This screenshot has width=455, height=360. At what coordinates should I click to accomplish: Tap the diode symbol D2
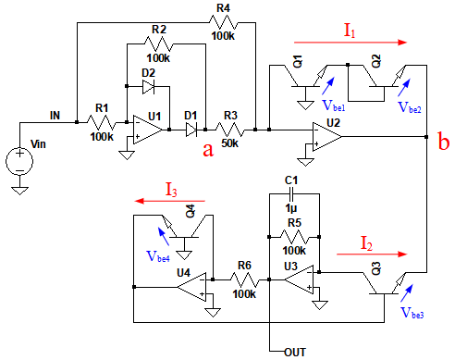pyautogui.click(x=148, y=87)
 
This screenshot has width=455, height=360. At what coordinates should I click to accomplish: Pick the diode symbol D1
pyautogui.click(x=191, y=130)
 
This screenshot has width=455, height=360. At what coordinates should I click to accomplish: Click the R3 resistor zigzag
pyautogui.click(x=230, y=130)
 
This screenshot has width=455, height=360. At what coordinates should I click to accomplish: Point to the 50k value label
pyautogui.click(x=230, y=143)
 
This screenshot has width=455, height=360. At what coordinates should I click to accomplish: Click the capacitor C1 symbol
pyautogui.click(x=291, y=194)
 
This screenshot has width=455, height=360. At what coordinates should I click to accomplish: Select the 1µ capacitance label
pyautogui.click(x=291, y=208)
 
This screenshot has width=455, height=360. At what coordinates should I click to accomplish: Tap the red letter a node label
pyautogui.click(x=208, y=151)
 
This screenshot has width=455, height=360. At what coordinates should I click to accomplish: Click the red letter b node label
pyautogui.click(x=444, y=143)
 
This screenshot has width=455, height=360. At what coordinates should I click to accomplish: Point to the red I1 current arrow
pyautogui.click(x=350, y=43)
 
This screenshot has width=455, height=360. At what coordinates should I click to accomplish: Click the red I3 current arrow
pyautogui.click(x=170, y=201)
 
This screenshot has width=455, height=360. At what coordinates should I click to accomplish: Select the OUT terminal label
pyautogui.click(x=295, y=352)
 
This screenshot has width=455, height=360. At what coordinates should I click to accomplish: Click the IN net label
pyautogui.click(x=55, y=116)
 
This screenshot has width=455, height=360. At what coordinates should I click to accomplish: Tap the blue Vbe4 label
pyautogui.click(x=158, y=256)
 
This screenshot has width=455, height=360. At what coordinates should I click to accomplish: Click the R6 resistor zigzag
pyautogui.click(x=244, y=279)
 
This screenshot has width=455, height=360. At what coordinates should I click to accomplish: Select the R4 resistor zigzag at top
pyautogui.click(x=224, y=22)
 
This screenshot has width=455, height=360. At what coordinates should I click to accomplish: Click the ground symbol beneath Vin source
pyautogui.click(x=19, y=191)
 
